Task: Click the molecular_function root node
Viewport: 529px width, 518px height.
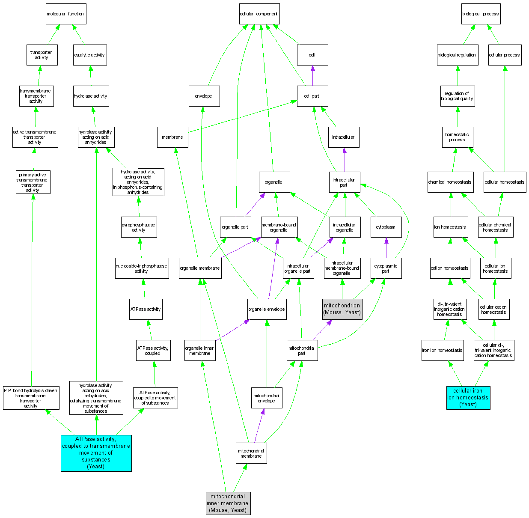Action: pyautogui.click(x=66, y=14)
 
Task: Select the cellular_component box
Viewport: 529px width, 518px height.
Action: pyautogui.click(x=259, y=14)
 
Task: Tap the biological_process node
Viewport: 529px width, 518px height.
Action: pyautogui.click(x=480, y=14)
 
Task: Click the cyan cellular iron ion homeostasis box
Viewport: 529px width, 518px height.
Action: pyautogui.click(x=468, y=397)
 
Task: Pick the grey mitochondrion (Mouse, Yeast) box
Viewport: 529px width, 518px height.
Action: pyautogui.click(x=342, y=309)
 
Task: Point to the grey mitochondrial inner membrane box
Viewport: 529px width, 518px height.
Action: pyautogui.click(x=228, y=503)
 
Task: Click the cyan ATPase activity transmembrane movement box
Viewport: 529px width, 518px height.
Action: pyautogui.click(x=96, y=453)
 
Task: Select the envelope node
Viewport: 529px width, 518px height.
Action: pyautogui.click(x=204, y=96)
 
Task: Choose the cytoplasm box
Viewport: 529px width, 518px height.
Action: pyautogui.click(x=386, y=227)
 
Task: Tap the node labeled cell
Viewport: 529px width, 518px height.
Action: pyautogui.click(x=312, y=55)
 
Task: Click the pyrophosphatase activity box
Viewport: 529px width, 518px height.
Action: pyautogui.click(x=139, y=227)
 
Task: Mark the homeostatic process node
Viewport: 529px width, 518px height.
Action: pyautogui.click(x=457, y=137)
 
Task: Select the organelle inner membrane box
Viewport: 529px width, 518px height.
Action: pyautogui.click(x=199, y=350)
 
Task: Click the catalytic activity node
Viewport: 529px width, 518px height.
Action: pyautogui.click(x=89, y=55)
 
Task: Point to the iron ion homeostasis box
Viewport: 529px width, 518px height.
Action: pyautogui.click(x=442, y=350)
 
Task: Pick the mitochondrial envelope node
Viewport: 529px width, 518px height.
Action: pyautogui.click(x=266, y=398)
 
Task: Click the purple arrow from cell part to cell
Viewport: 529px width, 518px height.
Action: pyautogui.click(x=312, y=75)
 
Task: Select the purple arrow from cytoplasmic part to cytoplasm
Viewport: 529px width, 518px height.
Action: pyautogui.click(x=386, y=247)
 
